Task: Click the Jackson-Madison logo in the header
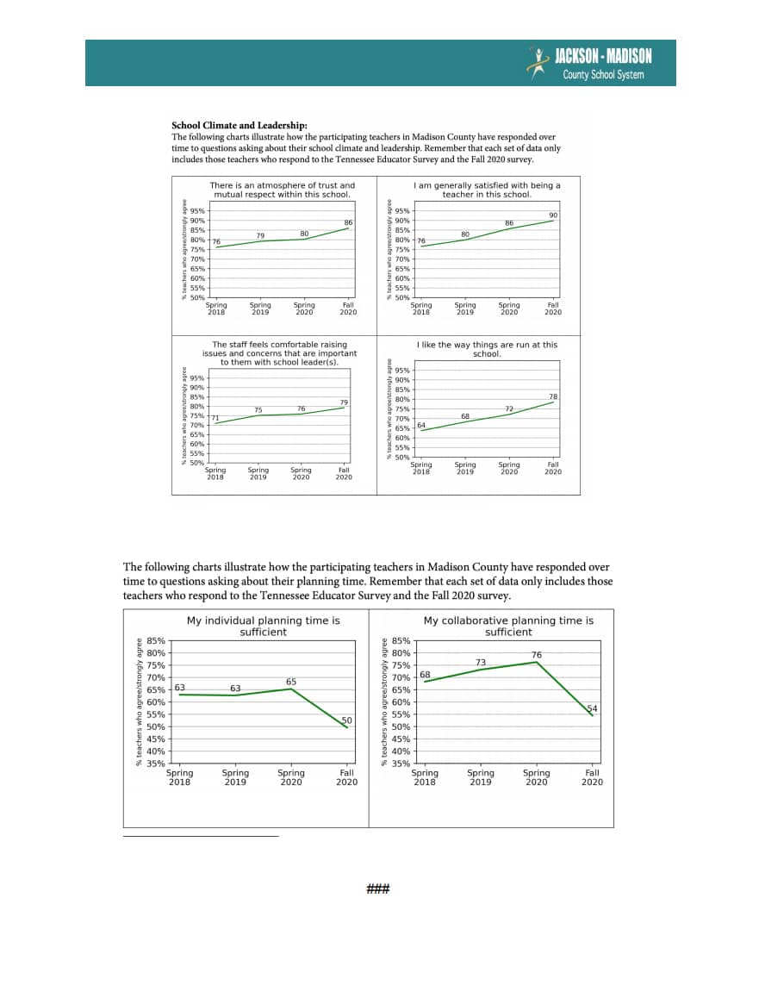tap(590, 64)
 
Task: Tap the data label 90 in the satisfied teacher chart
tap(553, 215)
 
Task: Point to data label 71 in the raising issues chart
tap(215, 418)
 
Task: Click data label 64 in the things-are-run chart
tap(421, 425)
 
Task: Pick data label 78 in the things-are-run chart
tap(553, 396)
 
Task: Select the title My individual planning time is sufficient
tap(263, 626)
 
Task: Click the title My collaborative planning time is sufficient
tap(508, 626)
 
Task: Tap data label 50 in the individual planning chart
tap(346, 720)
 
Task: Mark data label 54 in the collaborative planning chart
tap(592, 708)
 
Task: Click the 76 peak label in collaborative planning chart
tap(536, 655)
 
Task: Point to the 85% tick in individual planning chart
tap(156, 641)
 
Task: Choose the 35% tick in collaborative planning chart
tap(401, 764)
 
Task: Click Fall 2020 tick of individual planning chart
tap(346, 777)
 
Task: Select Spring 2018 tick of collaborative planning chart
tap(425, 777)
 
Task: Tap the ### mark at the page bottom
tap(379, 888)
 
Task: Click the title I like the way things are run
tap(487, 349)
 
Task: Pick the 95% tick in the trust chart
tap(197, 211)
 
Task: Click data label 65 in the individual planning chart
tap(291, 682)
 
